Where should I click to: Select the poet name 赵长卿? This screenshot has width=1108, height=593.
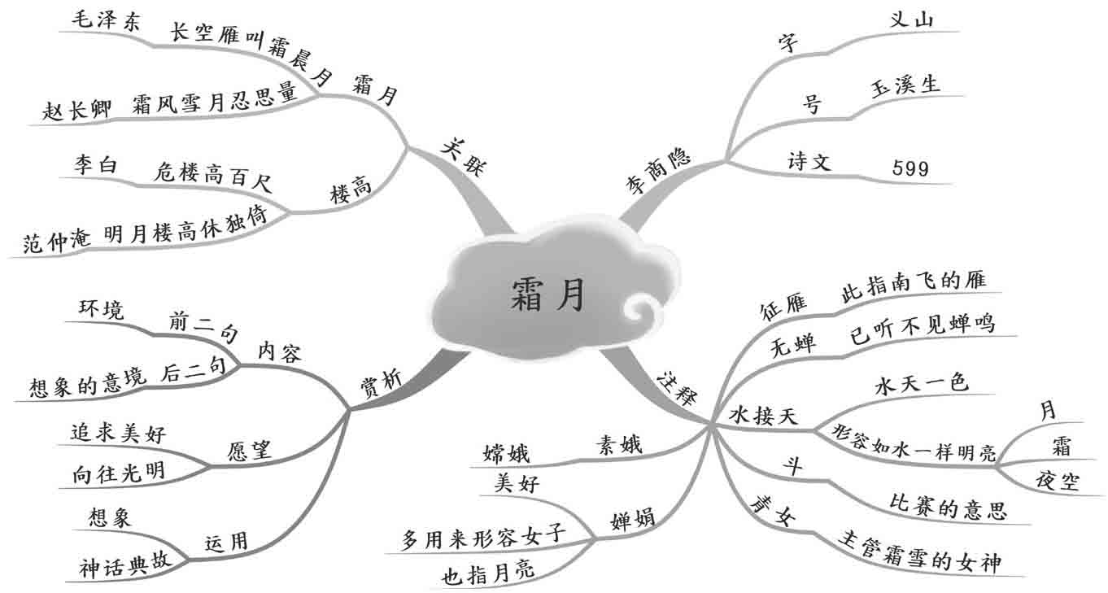[77, 111]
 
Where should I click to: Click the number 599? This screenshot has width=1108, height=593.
[910, 168]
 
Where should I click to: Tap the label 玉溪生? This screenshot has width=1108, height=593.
[905, 85]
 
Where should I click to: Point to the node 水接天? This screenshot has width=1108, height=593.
[763, 416]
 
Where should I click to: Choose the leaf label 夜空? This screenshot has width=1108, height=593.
[1058, 481]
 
